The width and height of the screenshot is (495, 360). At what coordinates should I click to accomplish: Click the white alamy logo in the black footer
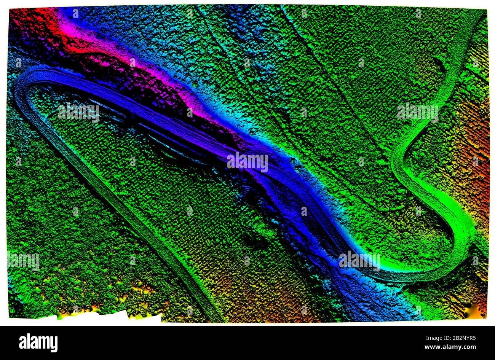[x=38, y=342]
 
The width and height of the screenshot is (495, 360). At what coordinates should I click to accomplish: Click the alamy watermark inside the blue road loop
[x=78, y=113]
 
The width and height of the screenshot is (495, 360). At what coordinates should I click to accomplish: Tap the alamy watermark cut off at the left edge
[x=23, y=261]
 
